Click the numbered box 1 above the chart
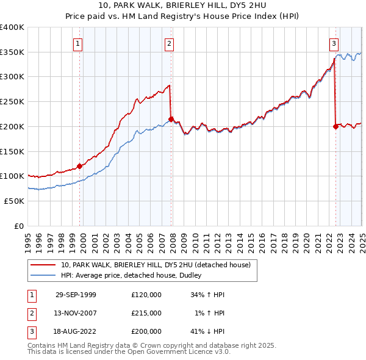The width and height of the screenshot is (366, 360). (x=79, y=43)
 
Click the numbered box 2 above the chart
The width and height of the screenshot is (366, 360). (x=168, y=43)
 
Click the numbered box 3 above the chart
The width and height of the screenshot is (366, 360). (x=334, y=43)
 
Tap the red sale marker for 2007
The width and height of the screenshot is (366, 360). (x=171, y=118)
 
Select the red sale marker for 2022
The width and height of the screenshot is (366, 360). (x=335, y=126)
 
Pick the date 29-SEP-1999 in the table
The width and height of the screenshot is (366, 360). (x=76, y=295)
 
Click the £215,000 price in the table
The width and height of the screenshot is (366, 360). (x=146, y=313)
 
